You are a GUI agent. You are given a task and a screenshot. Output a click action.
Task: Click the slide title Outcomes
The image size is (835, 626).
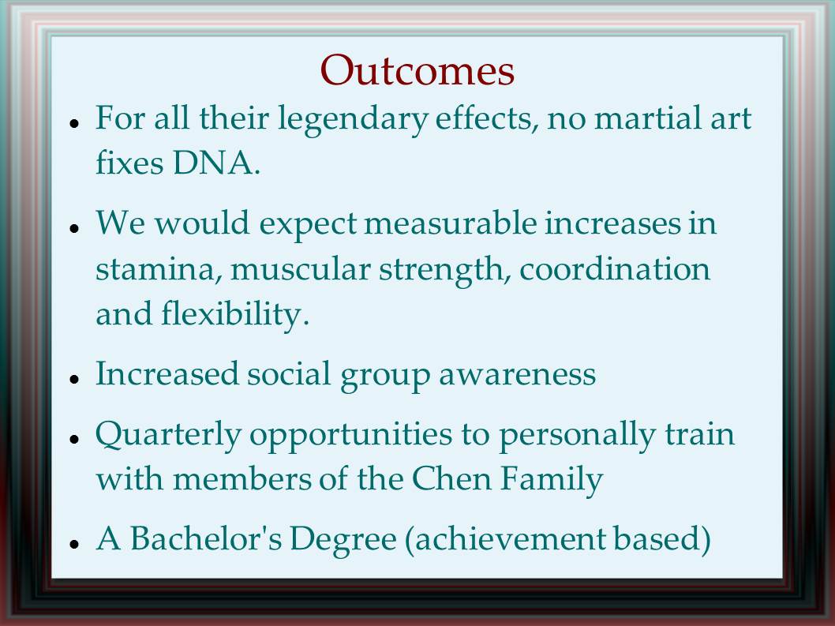pyautogui.click(x=417, y=70)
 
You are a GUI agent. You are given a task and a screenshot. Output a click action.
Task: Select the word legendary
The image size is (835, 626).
pyautogui.click(x=353, y=120)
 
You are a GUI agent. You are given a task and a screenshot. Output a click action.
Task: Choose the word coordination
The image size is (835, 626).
pyautogui.click(x=615, y=268)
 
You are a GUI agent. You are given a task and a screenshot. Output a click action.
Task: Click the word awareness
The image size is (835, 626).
pyautogui.click(x=517, y=374)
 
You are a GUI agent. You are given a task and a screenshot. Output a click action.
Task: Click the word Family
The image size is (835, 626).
pyautogui.click(x=551, y=479)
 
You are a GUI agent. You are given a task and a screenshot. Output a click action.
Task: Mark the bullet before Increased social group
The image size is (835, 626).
pyautogui.click(x=74, y=378)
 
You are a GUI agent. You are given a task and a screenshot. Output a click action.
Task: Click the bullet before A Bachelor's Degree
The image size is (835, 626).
pyautogui.click(x=74, y=543)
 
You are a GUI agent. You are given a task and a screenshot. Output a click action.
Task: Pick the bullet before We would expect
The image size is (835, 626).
pyautogui.click(x=74, y=227)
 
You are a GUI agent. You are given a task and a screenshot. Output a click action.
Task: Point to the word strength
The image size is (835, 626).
pyautogui.click(x=441, y=270)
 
